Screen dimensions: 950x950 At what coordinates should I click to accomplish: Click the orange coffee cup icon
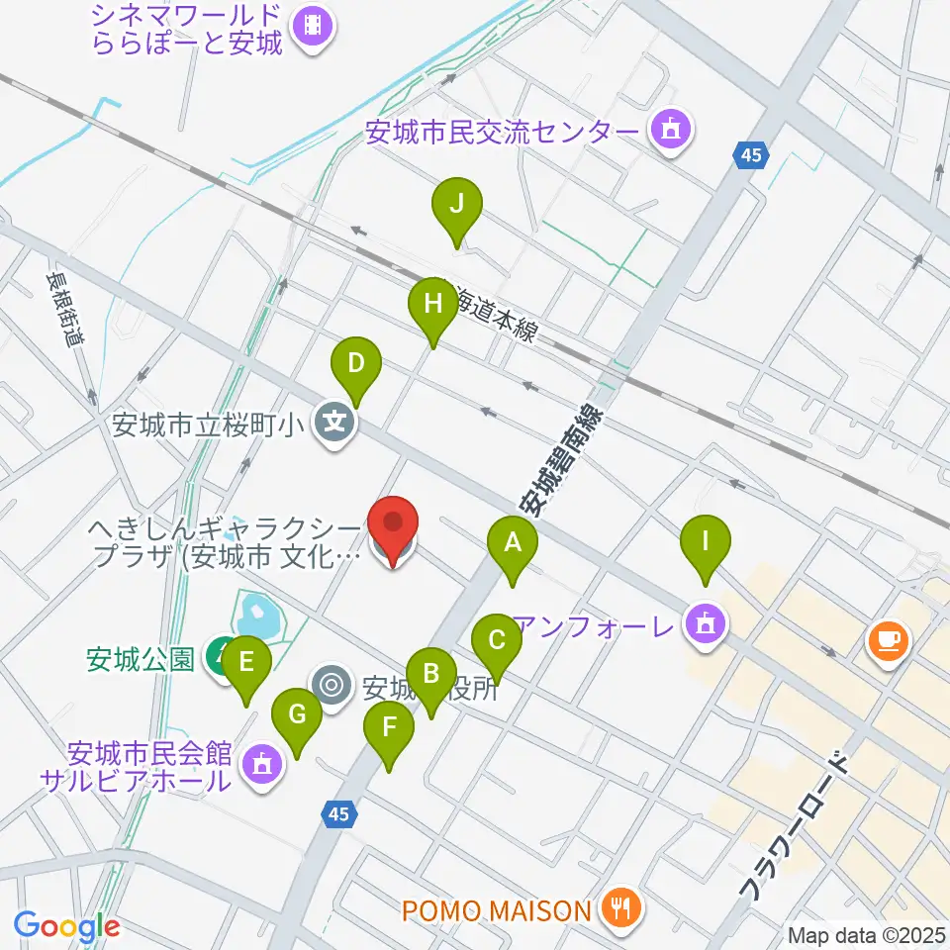(x=887, y=640)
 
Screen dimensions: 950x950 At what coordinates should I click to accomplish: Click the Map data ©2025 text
(x=866, y=934)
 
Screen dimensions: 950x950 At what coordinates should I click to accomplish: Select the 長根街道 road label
(x=65, y=308)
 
